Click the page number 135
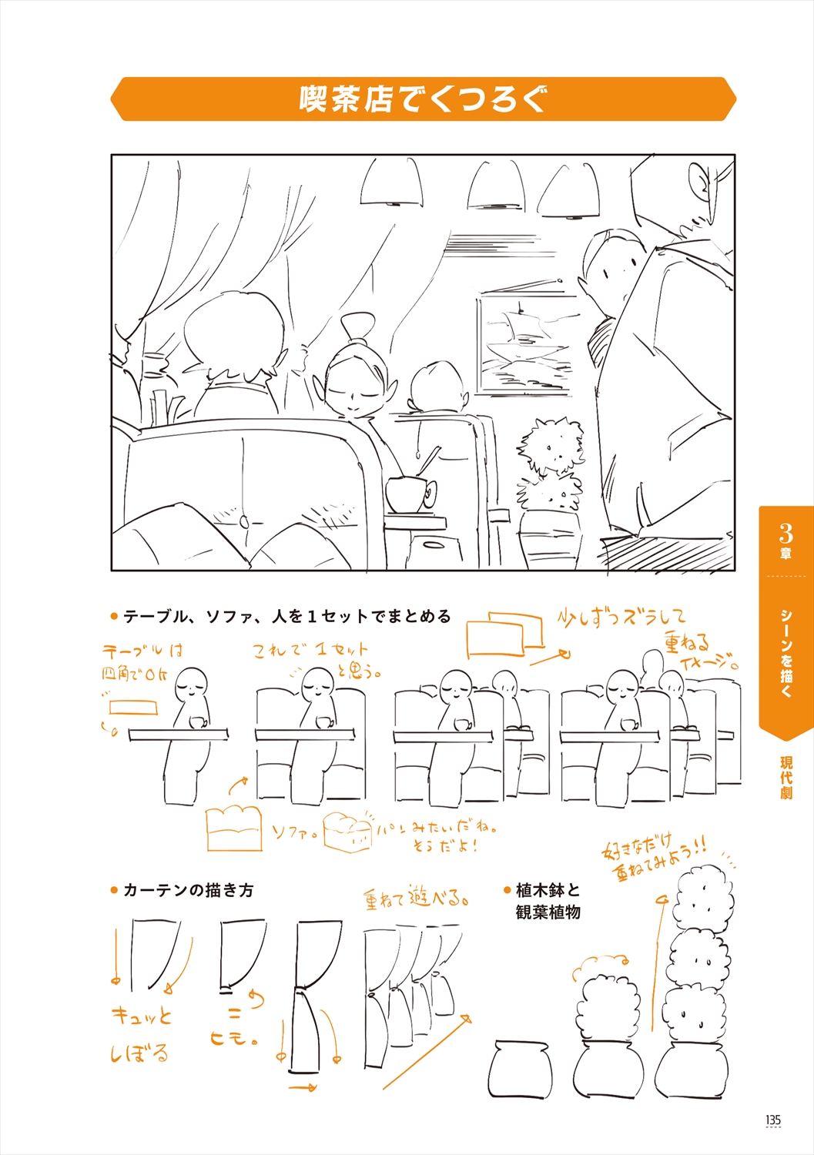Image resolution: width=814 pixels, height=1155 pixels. tap(773, 1120)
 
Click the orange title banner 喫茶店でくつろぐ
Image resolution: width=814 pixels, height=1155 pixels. tap(423, 99)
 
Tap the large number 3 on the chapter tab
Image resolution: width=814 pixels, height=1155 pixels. tap(786, 532)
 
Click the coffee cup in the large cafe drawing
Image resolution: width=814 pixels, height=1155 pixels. tap(407, 494)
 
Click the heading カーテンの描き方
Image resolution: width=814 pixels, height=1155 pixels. tap(188, 890)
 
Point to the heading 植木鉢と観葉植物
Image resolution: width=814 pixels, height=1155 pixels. tap(548, 901)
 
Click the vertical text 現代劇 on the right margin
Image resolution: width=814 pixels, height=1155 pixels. tap(786, 778)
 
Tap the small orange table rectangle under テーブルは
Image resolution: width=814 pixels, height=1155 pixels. tap(133, 707)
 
